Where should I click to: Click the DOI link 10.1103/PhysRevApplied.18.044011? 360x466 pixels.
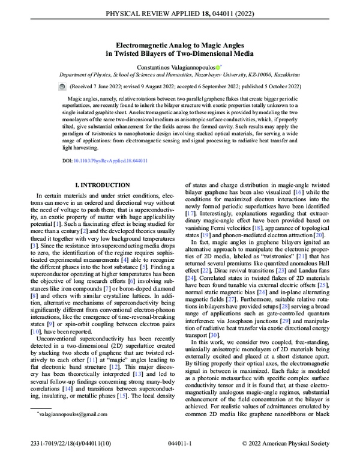coord(112,161)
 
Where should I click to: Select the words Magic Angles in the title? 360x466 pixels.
coord(223,44)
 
